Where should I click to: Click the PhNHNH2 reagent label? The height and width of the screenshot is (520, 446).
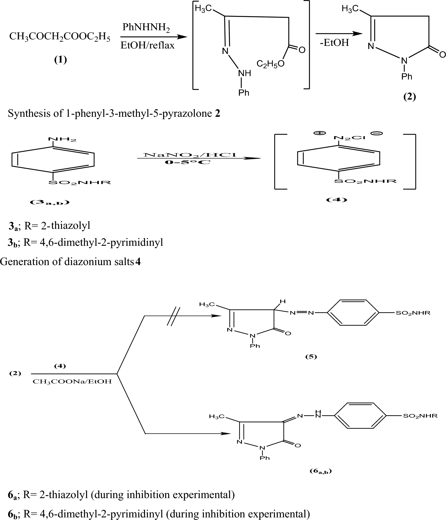(146, 28)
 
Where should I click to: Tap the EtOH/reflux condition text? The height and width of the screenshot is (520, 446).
(147, 46)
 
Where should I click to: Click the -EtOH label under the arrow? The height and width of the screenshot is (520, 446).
(334, 43)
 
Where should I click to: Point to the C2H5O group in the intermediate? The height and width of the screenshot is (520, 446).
(270, 64)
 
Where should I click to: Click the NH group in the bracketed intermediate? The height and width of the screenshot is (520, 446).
(244, 73)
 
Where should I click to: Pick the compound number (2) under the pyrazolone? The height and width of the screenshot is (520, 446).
(409, 97)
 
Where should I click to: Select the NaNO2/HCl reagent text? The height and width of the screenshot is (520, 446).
(190, 155)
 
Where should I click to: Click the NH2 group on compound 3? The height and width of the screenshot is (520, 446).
(62, 139)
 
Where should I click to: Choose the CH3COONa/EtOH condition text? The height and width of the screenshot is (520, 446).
(72, 382)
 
